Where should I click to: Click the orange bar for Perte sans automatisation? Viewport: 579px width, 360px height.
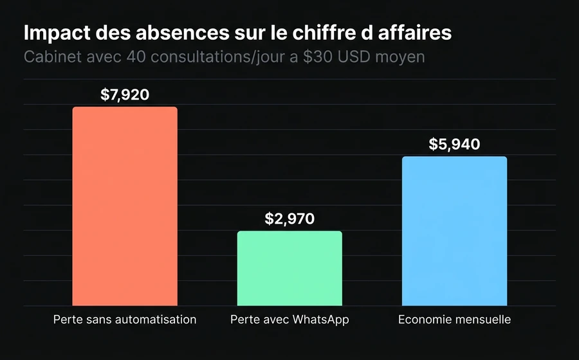click(125, 206)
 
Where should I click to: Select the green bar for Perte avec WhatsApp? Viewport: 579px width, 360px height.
click(289, 268)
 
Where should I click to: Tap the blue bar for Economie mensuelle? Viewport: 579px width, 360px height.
click(454, 231)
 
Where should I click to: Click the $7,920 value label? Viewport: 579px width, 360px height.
click(125, 95)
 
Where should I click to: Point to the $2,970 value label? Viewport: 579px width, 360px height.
click(289, 219)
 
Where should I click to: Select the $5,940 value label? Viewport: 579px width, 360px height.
click(454, 145)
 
